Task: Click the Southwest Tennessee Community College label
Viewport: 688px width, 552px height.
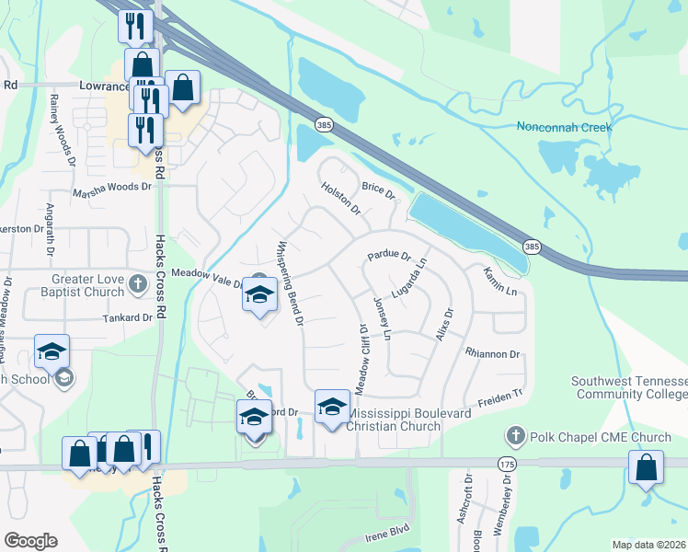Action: tap(629, 387)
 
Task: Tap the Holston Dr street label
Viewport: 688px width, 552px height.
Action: tap(340, 199)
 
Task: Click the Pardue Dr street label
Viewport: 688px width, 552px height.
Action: tap(388, 256)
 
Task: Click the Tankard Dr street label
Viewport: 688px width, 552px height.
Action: tap(128, 317)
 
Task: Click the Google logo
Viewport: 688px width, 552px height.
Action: tap(30, 541)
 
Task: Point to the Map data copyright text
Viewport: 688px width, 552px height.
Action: tap(648, 545)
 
